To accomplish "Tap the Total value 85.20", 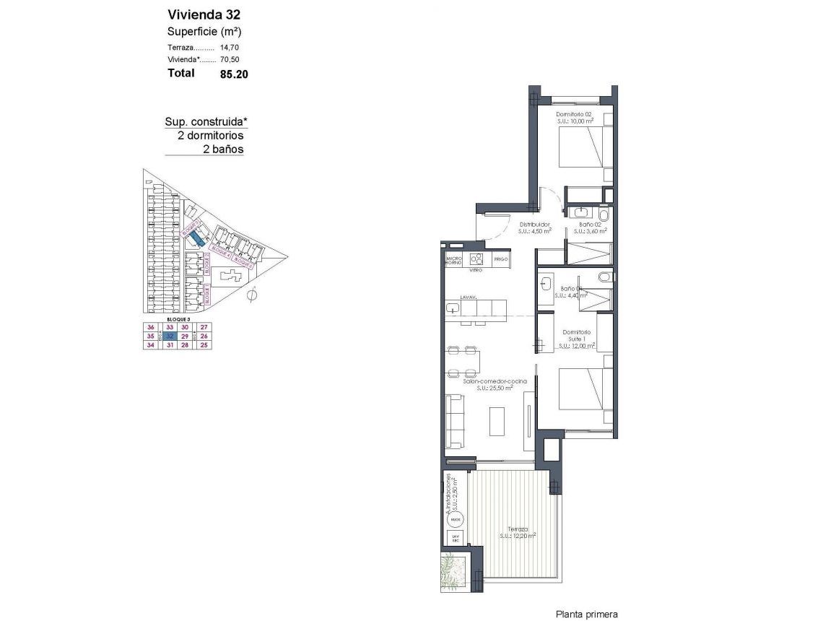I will [234, 74].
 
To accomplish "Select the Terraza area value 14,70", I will [229, 47].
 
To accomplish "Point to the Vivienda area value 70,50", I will [229, 60].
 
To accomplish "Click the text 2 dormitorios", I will [210, 135].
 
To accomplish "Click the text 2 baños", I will [222, 149].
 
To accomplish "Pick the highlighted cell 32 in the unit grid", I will [170, 336].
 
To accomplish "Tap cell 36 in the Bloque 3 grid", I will [151, 327].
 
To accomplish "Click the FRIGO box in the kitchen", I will [501, 259].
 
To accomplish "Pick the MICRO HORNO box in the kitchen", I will [454, 259].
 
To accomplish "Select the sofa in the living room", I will [455, 421].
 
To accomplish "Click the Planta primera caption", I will [586, 615].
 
